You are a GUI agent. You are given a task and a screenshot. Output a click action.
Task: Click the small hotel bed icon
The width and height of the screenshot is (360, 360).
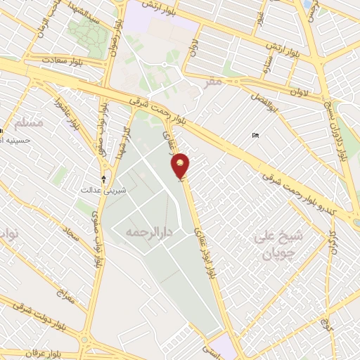tap(255, 135)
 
